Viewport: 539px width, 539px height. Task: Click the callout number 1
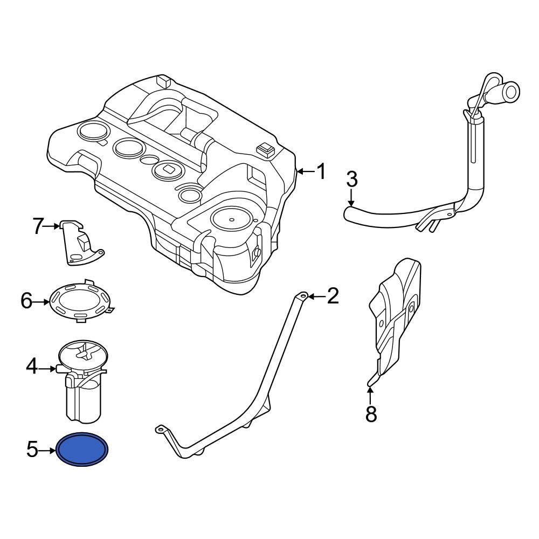tap(321, 172)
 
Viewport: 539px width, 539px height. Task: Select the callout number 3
tap(351, 179)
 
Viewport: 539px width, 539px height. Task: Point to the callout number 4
tap(32, 368)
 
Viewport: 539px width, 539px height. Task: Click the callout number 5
tap(32, 449)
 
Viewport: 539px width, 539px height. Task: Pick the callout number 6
tap(27, 301)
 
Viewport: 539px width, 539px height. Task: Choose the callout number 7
tap(37, 227)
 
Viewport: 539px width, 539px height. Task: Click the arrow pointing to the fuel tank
tap(305, 172)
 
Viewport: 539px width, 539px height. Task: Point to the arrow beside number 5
tap(49, 449)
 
